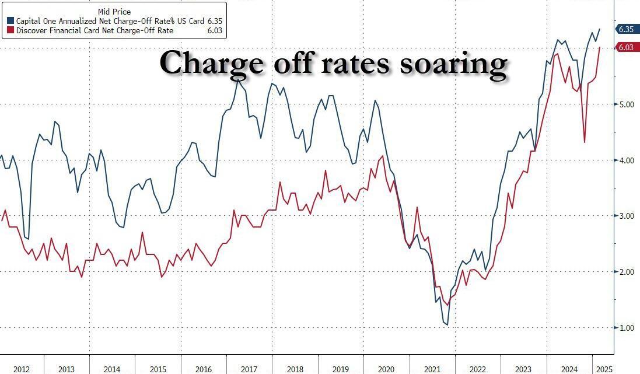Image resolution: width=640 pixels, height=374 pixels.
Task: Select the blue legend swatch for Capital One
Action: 11,20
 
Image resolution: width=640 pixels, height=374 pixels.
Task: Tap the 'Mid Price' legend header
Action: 114,11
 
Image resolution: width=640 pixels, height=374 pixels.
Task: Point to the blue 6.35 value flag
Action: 626,29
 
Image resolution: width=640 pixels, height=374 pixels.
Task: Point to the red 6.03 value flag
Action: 626,47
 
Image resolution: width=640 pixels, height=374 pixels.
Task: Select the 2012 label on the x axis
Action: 22,369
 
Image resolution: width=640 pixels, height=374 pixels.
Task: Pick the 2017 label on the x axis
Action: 249,369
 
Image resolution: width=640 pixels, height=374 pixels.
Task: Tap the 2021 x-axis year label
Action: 432,369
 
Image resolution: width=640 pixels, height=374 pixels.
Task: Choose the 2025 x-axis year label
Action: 603,369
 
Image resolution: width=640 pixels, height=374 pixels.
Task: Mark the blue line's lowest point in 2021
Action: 447,324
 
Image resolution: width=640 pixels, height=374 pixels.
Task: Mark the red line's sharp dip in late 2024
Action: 585,142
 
